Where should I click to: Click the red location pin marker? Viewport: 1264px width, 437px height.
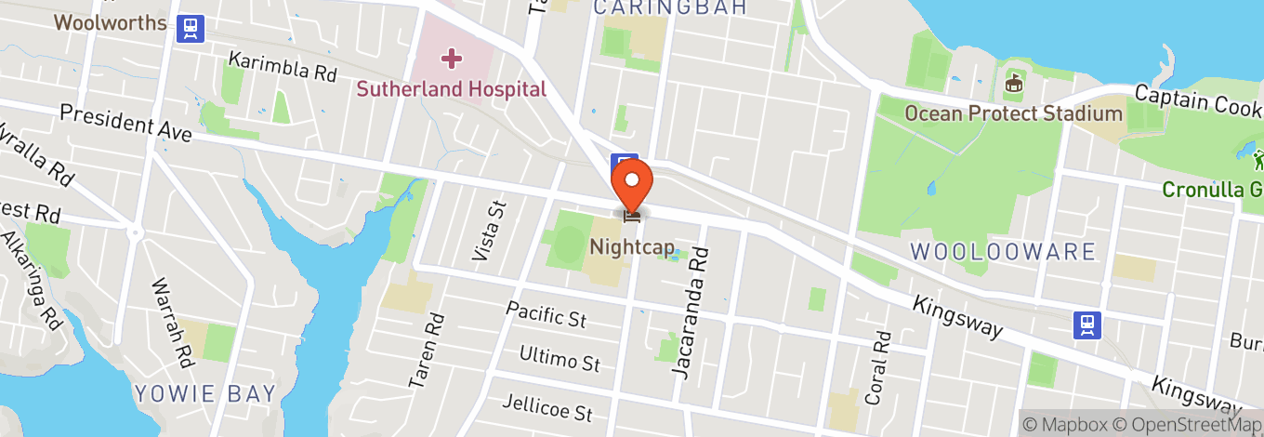click(x=632, y=182)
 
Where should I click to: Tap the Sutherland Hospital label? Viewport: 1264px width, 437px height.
click(x=453, y=89)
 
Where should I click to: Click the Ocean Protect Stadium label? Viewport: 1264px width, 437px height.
click(x=1014, y=113)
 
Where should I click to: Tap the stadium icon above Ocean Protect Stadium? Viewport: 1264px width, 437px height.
click(x=1013, y=84)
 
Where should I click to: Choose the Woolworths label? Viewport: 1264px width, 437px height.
click(x=110, y=22)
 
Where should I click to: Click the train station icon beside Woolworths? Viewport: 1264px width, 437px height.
click(x=191, y=27)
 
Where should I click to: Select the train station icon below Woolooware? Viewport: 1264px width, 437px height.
click(x=1086, y=324)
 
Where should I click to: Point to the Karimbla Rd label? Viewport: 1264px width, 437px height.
click(x=283, y=66)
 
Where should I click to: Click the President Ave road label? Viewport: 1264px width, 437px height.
click(x=125, y=123)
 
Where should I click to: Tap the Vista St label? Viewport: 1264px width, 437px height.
click(x=490, y=230)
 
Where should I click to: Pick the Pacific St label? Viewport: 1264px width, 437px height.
click(x=546, y=313)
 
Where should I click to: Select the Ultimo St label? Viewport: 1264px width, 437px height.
click(x=560, y=358)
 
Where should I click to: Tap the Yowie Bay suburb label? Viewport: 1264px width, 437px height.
click(x=205, y=393)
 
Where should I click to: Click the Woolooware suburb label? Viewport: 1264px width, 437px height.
click(x=1003, y=251)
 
